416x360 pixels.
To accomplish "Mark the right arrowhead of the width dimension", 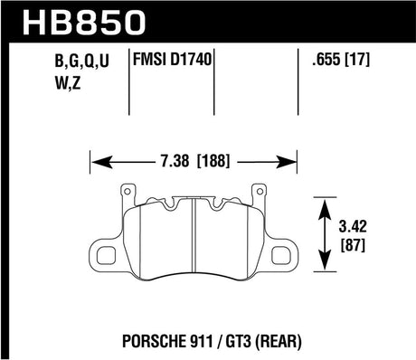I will (295, 163).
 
